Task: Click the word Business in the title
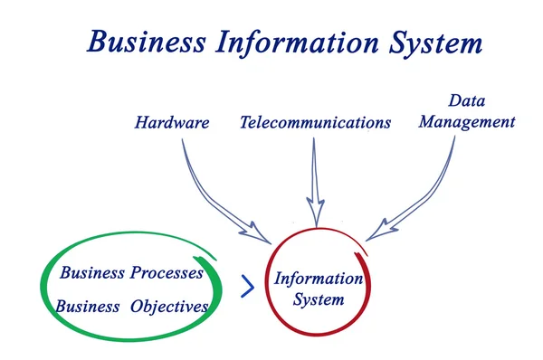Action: tap(144, 42)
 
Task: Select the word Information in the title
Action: tap(293, 42)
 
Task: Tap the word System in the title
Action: tap(433, 42)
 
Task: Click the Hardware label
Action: tap(172, 122)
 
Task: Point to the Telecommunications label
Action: tap(316, 122)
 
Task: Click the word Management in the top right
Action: tap(468, 120)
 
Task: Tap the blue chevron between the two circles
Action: tap(247, 287)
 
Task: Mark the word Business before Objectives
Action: tap(87, 307)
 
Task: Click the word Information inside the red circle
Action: tap(319, 279)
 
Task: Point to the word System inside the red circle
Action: tap(319, 299)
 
